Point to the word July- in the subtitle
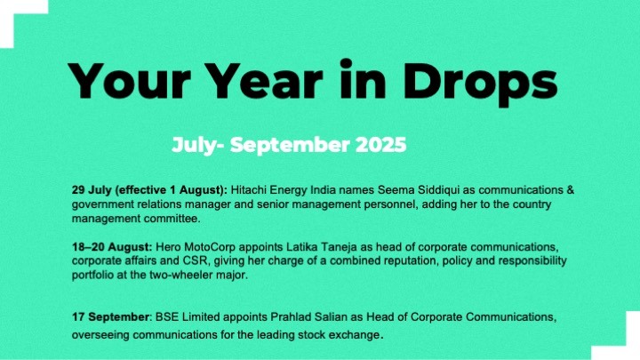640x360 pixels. [x=197, y=146]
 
